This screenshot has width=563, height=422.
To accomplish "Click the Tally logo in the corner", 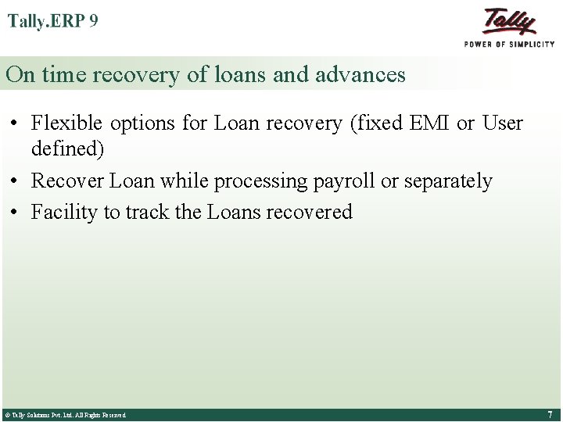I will (x=509, y=21).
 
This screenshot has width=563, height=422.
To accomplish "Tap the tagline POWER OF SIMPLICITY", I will (x=509, y=45).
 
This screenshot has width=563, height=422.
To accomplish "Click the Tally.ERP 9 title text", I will (x=53, y=21).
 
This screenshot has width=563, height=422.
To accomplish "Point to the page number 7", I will (x=550, y=414).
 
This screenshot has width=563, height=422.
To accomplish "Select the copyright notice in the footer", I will (x=65, y=415).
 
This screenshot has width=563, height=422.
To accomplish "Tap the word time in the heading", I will (x=66, y=74).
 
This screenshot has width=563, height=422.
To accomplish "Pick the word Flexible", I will (x=67, y=123).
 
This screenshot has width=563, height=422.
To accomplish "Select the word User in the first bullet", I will (x=502, y=123).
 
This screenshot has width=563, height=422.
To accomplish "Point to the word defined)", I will (x=67, y=148).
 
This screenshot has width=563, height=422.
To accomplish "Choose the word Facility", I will (x=63, y=212).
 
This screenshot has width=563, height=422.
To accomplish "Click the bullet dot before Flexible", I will (x=16, y=123).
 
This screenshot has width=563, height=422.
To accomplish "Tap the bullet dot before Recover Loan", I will (x=16, y=181).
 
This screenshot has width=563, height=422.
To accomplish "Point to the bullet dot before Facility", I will (x=16, y=213).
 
